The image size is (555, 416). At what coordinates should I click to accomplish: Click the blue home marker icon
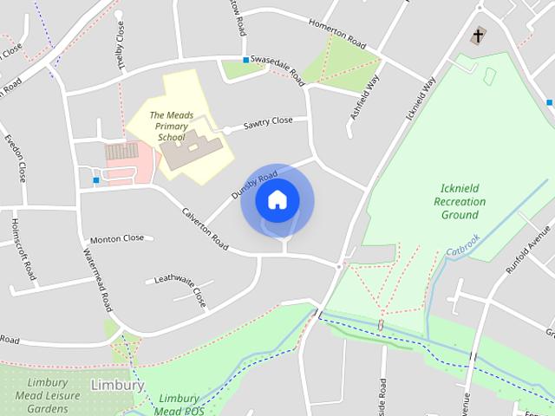click(277, 200)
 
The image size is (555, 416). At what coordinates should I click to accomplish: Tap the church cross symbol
click(477, 36)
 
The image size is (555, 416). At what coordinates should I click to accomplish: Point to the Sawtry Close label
click(268, 122)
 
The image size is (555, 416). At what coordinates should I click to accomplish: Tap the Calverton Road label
click(205, 229)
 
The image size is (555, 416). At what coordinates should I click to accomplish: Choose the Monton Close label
click(117, 238)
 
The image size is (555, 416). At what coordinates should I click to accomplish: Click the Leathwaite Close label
click(181, 289)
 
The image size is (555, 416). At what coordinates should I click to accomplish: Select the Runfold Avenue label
click(529, 249)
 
